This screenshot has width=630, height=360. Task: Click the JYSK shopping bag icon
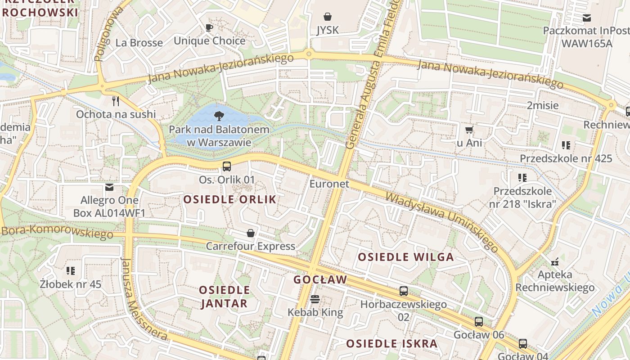(x=328, y=17)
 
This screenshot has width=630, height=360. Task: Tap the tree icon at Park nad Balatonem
(x=219, y=116)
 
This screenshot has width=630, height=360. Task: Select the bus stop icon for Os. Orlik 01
(x=227, y=166)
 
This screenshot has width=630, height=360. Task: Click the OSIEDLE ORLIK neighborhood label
(x=230, y=199)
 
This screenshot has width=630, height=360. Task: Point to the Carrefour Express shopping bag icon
(x=251, y=233)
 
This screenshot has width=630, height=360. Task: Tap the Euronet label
(x=329, y=184)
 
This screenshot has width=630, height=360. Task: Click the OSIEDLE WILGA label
(x=405, y=257)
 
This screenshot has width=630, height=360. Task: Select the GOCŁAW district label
(x=320, y=279)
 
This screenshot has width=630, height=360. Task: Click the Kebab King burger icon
(x=315, y=299)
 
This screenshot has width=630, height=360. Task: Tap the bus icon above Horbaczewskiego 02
(x=404, y=291)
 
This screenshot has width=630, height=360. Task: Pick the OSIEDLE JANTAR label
(x=224, y=297)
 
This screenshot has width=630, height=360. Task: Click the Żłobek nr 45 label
(x=71, y=284)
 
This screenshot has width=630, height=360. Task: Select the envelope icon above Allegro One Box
(x=109, y=187)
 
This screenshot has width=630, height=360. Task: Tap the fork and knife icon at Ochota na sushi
(x=116, y=101)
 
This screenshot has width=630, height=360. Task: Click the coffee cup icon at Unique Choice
(x=209, y=28)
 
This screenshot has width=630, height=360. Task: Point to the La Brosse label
(x=139, y=43)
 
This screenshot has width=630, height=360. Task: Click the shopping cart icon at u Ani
(x=469, y=130)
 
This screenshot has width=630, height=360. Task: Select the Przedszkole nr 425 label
(x=566, y=158)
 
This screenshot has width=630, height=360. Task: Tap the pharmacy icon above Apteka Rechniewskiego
(x=555, y=261)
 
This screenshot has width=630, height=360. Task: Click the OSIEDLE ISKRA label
(x=391, y=344)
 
